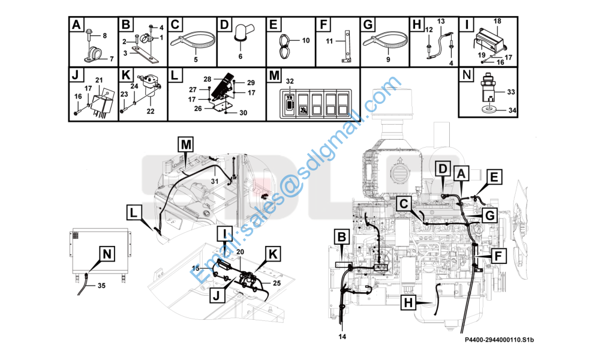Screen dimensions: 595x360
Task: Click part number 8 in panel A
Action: coord(105,35)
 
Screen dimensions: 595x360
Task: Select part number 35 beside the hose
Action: coord(101,286)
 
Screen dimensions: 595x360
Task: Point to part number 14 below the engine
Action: coord(342,337)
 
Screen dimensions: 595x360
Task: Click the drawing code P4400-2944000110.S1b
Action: coord(499,340)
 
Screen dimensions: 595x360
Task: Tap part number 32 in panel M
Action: coord(290,81)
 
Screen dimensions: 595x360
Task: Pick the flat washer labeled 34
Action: coord(491,110)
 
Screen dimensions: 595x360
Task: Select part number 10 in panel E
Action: coord(306,40)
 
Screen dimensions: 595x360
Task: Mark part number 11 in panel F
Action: coord(329,41)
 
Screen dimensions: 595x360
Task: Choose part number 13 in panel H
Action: coord(441,21)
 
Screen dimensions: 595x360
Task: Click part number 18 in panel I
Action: coord(497,21)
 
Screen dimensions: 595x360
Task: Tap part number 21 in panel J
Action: coord(99,80)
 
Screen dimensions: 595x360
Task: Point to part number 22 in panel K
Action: coord(151,111)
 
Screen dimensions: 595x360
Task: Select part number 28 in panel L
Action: coord(207,79)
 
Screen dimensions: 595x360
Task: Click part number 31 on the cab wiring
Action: coord(215,182)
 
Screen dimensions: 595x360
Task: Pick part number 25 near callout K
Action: coord(277,283)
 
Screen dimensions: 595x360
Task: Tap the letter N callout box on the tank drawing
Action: coord(107,254)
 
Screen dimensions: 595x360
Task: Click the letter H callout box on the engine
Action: coord(408,303)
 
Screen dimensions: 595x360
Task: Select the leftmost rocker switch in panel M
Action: coord(289,103)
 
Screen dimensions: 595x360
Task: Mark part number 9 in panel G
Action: coord(388,59)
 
